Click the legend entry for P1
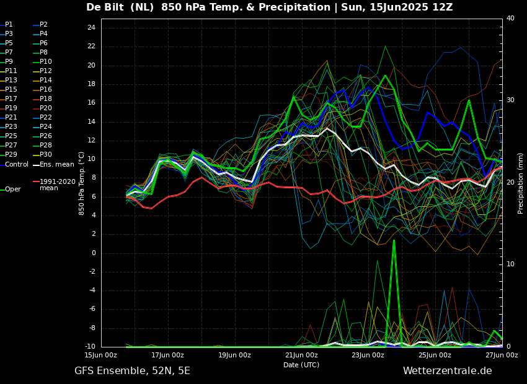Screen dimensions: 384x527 click(x=9, y=25)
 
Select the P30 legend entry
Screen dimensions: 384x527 click(x=46, y=155)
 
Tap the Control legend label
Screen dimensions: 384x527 click(x=17, y=165)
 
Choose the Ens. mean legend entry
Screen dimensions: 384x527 click(x=56, y=165)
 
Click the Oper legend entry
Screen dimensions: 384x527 click(x=13, y=190)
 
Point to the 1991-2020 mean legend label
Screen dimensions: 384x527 click(x=58, y=185)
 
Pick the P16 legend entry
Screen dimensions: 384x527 click(x=46, y=90)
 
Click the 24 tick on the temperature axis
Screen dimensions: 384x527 click(x=91, y=28)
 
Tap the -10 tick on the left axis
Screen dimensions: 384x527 click(x=89, y=347)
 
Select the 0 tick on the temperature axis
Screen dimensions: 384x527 click(x=93, y=253)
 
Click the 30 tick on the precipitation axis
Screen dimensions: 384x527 click(x=510, y=100)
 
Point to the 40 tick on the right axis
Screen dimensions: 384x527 click(x=510, y=19)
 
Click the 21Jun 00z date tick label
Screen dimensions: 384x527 click(x=301, y=356)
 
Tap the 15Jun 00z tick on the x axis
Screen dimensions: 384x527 click(x=101, y=356)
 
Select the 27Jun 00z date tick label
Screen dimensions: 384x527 click(x=502, y=356)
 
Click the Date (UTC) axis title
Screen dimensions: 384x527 click(x=301, y=365)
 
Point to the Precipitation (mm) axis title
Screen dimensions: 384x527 click(x=521, y=183)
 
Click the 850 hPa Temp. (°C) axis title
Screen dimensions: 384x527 click(x=82, y=183)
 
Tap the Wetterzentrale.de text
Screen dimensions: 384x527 click(x=447, y=371)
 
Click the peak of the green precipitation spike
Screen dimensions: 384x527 click(x=394, y=240)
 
